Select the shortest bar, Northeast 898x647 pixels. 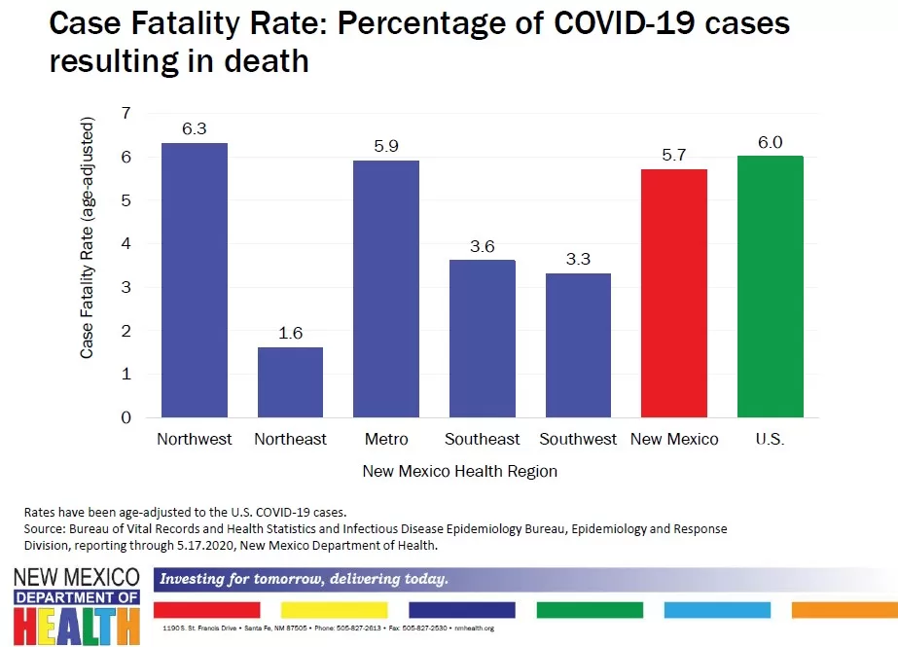click(290, 382)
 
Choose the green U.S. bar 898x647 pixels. click(770, 287)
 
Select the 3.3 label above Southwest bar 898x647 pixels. click(578, 260)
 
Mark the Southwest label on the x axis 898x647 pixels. click(578, 439)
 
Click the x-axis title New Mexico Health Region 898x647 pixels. click(460, 471)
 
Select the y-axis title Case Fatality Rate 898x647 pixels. click(88, 238)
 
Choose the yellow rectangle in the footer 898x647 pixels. click(334, 610)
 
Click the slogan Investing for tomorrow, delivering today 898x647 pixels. click(304, 580)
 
